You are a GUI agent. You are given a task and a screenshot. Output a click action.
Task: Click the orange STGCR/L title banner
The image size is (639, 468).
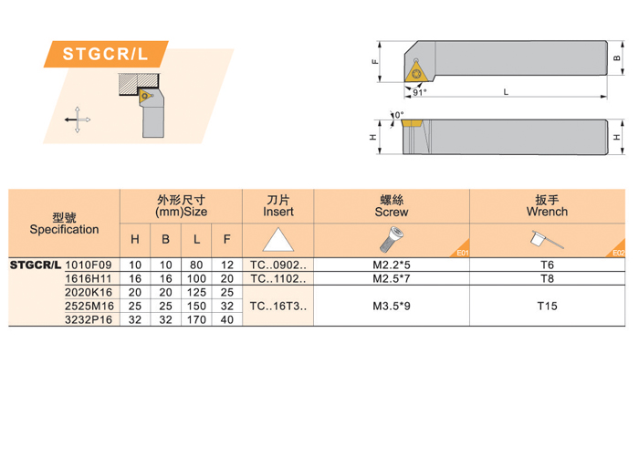pos(106,54)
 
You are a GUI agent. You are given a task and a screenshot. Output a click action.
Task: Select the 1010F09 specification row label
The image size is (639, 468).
pos(89,265)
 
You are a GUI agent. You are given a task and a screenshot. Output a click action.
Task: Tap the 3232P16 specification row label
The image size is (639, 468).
pos(89,319)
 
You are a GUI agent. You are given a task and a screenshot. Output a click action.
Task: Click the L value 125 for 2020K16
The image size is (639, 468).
pos(196,293)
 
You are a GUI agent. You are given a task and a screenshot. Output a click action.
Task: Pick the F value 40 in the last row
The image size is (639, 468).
pos(227,319)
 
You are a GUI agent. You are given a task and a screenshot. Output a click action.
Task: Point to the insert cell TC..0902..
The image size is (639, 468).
pos(278,265)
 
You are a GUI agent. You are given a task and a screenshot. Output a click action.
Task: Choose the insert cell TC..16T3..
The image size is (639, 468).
pos(278,306)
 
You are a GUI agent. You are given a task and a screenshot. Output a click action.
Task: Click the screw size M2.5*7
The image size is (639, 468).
pos(392,278)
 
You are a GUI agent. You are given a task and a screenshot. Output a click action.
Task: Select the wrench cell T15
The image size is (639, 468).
pos(547,306)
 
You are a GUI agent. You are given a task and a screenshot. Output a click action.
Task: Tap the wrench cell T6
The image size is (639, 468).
pos(547,265)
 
